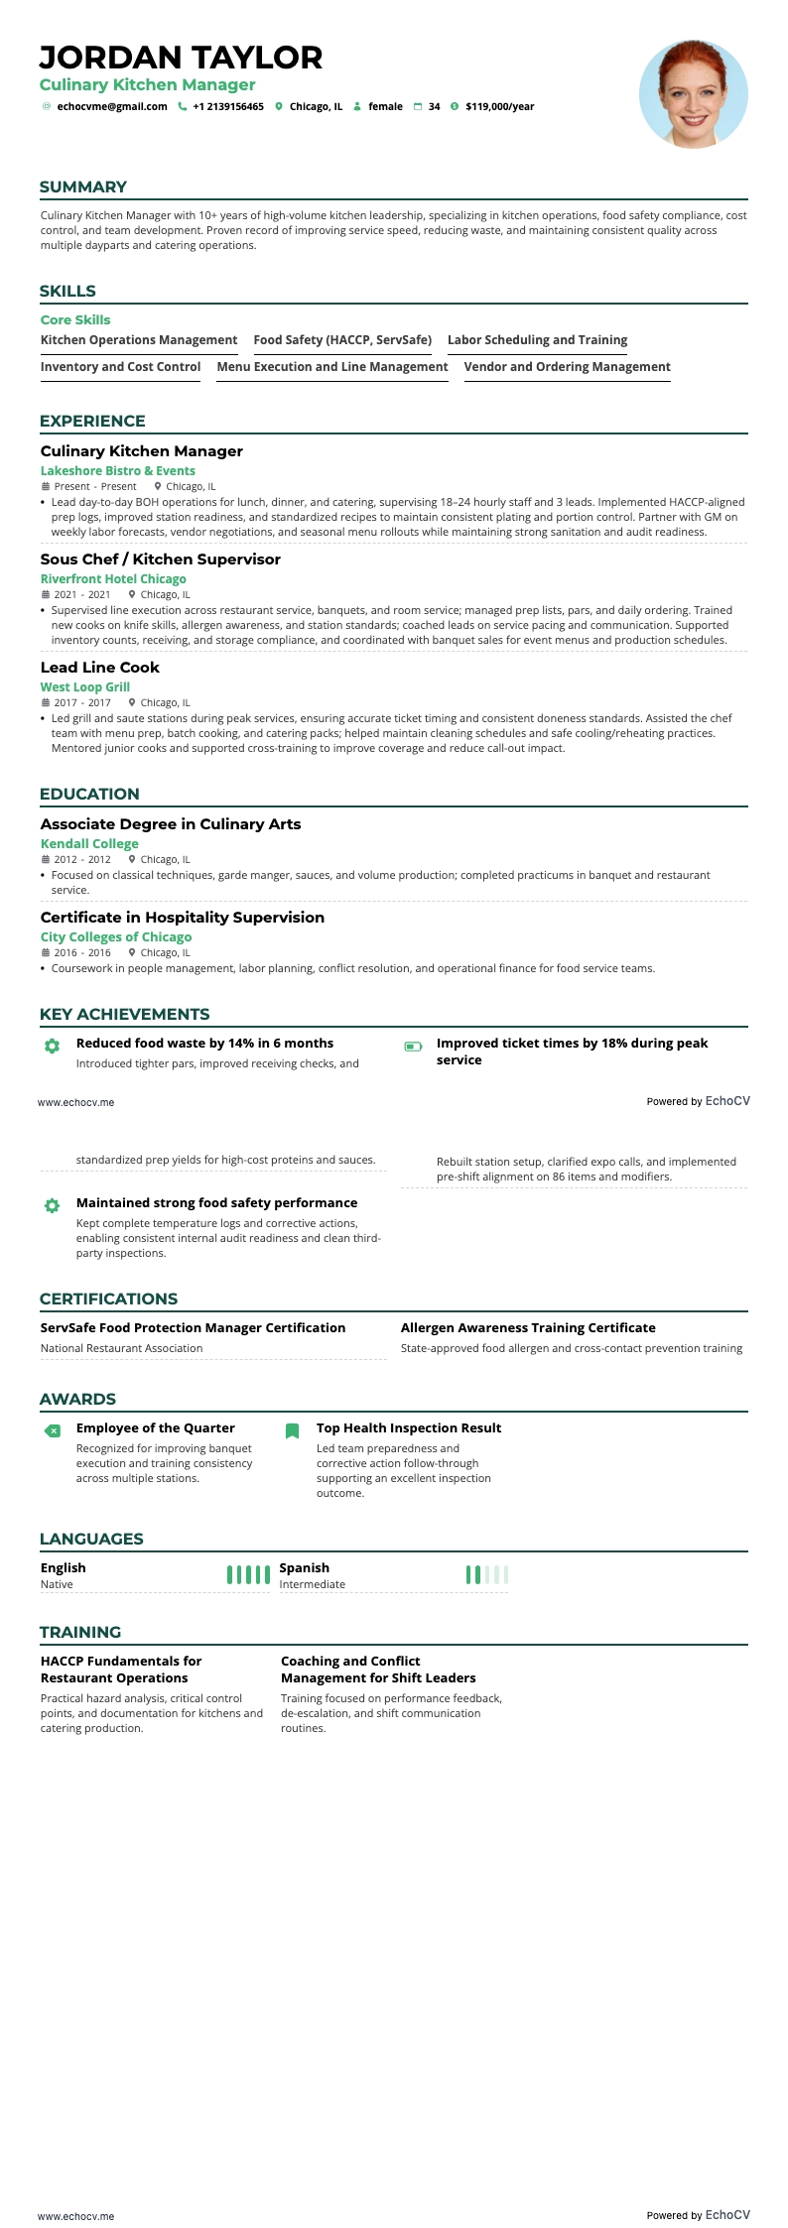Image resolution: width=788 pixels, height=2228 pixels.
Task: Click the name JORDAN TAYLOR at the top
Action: [181, 58]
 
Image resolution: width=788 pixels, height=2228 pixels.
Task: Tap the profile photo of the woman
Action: [693, 94]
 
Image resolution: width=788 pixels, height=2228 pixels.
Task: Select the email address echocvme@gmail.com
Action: [112, 107]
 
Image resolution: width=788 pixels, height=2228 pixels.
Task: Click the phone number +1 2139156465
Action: [228, 107]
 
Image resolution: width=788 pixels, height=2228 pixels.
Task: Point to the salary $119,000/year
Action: [499, 107]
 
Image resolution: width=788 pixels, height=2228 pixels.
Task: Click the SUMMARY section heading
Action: [83, 187]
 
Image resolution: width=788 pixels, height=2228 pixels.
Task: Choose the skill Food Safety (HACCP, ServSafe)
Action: [342, 340]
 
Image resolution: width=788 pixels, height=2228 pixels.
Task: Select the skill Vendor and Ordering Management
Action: [567, 367]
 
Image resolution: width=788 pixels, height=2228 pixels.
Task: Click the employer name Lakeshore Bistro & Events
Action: [118, 471]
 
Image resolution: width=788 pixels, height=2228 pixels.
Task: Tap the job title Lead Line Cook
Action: [100, 668]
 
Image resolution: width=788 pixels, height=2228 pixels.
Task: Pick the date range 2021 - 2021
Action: [82, 595]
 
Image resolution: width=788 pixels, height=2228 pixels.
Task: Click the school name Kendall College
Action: [89, 844]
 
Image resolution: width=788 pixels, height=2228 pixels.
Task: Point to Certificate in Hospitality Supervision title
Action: [183, 918]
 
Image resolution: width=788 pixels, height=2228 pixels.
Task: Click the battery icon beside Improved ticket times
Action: [413, 1046]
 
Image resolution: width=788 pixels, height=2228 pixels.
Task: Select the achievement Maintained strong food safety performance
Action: [216, 1203]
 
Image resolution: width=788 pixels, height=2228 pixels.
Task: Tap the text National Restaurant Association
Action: [121, 1349]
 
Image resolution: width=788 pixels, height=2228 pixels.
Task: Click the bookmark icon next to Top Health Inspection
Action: [292, 1430]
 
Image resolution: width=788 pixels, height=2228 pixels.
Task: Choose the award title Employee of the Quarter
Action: [156, 1428]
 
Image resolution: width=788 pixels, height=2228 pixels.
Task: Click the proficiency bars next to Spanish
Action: [486, 1574]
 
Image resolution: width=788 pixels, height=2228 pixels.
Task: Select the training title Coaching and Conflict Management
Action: [378, 1670]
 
